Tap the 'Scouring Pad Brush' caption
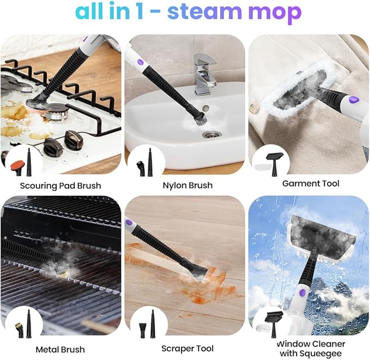coord(60,185)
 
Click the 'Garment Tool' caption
coord(311,183)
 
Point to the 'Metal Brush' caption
coord(60,349)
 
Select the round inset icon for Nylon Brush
coord(145,161)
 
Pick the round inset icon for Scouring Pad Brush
coord(22,161)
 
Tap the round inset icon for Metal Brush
coord(22,323)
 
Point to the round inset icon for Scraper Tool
coord(145,323)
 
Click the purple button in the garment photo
coord(353,100)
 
